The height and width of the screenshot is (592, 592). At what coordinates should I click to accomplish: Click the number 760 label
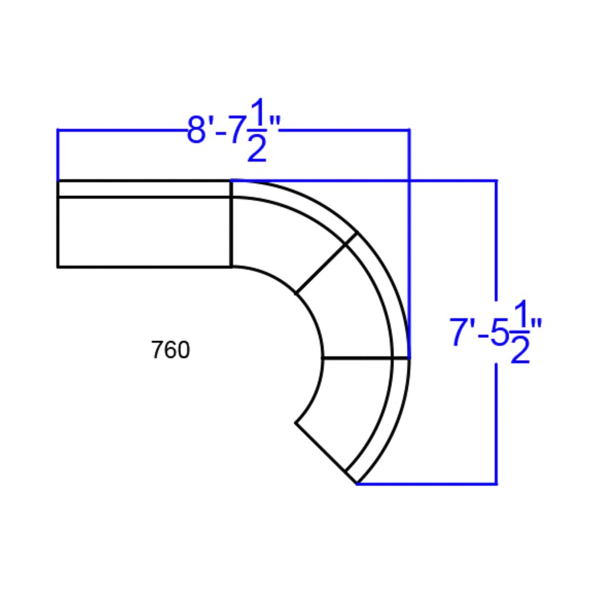[170, 350]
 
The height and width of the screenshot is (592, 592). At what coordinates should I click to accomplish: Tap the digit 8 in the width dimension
[197, 130]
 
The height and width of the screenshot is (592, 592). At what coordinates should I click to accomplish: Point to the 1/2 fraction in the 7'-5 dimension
[520, 332]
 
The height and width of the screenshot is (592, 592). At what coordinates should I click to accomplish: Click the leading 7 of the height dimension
[458, 332]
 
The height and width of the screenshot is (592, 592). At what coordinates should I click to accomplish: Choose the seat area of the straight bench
[144, 232]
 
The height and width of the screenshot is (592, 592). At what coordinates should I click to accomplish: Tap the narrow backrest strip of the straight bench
[144, 189]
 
